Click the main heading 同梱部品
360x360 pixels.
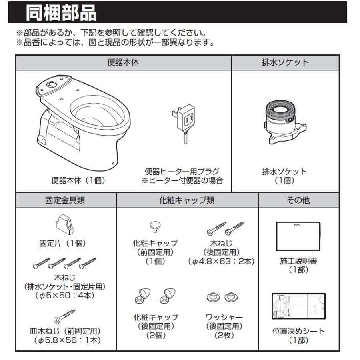point(61,13)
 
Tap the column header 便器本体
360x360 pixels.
point(123,63)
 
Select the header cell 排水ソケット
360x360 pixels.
point(285,63)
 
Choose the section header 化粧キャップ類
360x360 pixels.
point(187,200)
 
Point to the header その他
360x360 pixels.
point(298,200)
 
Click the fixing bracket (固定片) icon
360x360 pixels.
point(64,224)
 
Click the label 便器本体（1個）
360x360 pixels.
point(78,180)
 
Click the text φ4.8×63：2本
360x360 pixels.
point(221,262)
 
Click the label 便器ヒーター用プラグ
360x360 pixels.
point(182,172)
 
